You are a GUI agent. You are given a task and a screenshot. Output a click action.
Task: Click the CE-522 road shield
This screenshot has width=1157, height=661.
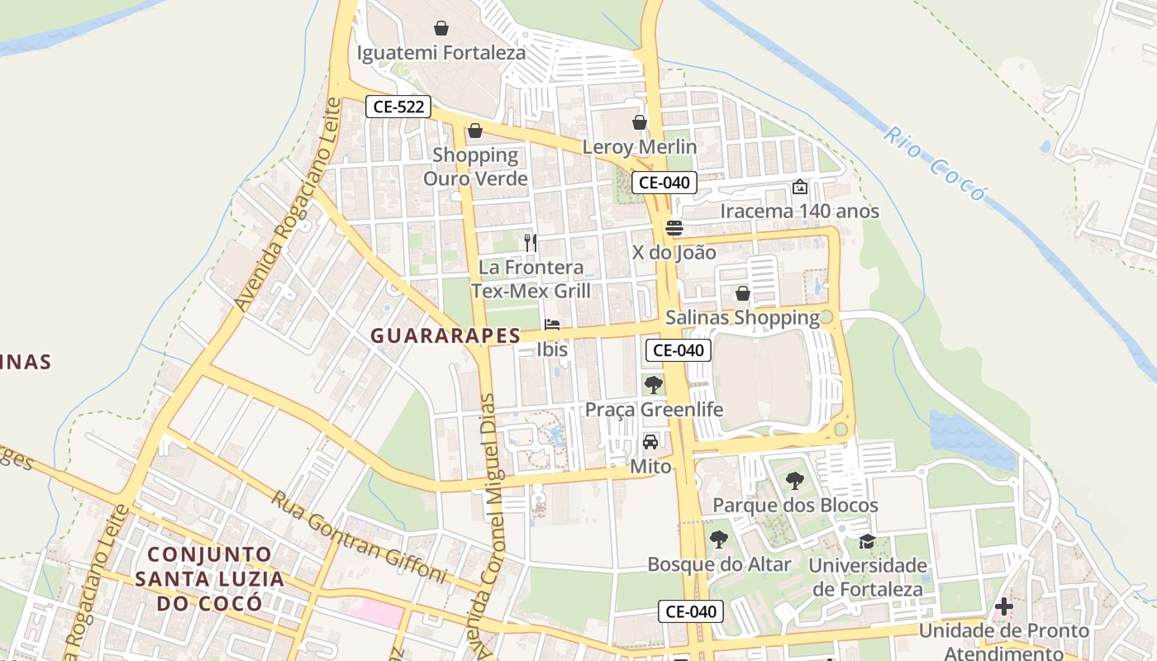coord(398,106)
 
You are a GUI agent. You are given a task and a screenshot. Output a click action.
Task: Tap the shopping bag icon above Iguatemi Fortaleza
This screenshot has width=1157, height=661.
coord(441,28)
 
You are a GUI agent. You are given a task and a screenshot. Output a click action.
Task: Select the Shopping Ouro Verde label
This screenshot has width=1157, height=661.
coord(475,166)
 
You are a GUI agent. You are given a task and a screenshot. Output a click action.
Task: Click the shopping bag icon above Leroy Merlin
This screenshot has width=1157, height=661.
coord(640,122)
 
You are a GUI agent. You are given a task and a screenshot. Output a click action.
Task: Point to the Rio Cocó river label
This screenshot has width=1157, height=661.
coord(935,164)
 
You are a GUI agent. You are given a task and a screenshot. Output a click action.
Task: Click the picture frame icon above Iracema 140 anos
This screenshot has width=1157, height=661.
coord(799,187)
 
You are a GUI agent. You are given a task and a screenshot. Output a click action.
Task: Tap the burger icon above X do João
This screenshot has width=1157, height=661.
coord(674,228)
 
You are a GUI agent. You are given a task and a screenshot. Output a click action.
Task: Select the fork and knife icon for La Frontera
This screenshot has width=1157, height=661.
coord(531,242)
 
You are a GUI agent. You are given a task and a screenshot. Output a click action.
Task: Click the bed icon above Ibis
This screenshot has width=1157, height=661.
coord(552,325)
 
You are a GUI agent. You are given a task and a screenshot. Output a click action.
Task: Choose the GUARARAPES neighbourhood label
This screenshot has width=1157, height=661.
coord(445,335)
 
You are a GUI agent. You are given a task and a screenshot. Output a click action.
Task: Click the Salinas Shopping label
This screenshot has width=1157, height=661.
coord(742,317)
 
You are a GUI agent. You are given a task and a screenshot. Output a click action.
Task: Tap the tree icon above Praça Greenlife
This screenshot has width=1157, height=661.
coord(654,384)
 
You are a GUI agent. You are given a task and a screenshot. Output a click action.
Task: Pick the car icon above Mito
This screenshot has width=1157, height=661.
coord(650,441)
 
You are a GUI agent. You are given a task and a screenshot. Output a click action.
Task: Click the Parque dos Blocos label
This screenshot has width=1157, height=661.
coord(795,505)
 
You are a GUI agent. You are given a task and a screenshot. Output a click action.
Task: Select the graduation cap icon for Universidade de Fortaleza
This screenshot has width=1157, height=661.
coord(867,541)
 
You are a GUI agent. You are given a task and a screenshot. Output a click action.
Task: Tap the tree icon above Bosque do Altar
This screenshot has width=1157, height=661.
coord(719,540)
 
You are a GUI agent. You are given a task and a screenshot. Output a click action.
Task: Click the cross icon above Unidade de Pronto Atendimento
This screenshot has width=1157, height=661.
coord(1003,606)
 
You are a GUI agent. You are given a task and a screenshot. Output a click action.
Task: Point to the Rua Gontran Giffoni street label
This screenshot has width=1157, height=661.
coord(359,538)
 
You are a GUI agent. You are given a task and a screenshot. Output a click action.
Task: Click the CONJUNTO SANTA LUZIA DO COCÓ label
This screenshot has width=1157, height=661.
coord(210,578)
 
